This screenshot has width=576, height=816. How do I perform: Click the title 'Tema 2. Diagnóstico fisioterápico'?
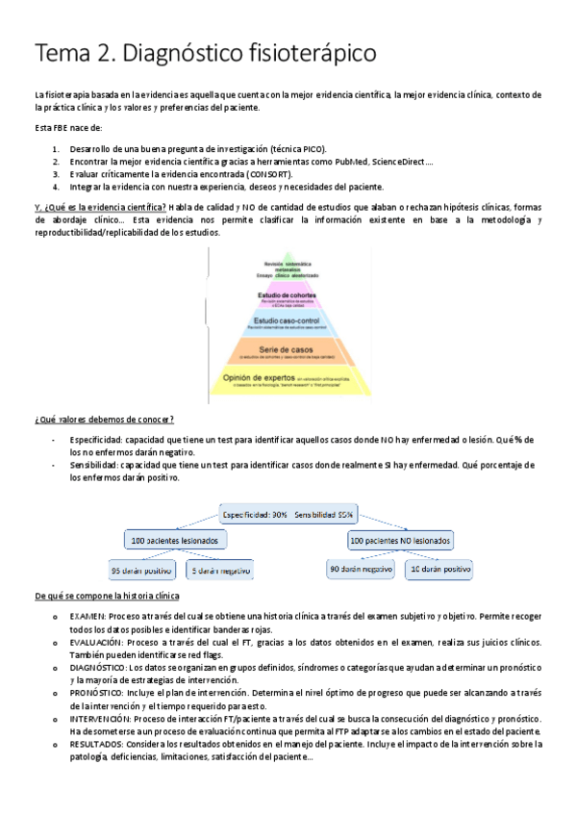tap(206, 53)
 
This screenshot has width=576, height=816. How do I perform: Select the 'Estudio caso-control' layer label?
tap(288, 320)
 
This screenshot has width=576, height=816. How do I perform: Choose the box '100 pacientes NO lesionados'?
tap(400, 542)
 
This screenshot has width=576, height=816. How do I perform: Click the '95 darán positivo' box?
tap(138, 570)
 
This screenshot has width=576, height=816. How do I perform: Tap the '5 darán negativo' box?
tap(219, 570)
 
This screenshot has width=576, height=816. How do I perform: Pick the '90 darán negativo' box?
tap(361, 570)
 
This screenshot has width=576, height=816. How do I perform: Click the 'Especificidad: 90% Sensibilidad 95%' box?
tap(288, 514)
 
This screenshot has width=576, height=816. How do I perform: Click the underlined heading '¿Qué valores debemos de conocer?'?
tap(104, 419)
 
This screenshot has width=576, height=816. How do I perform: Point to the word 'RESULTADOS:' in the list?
tap(97, 745)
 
